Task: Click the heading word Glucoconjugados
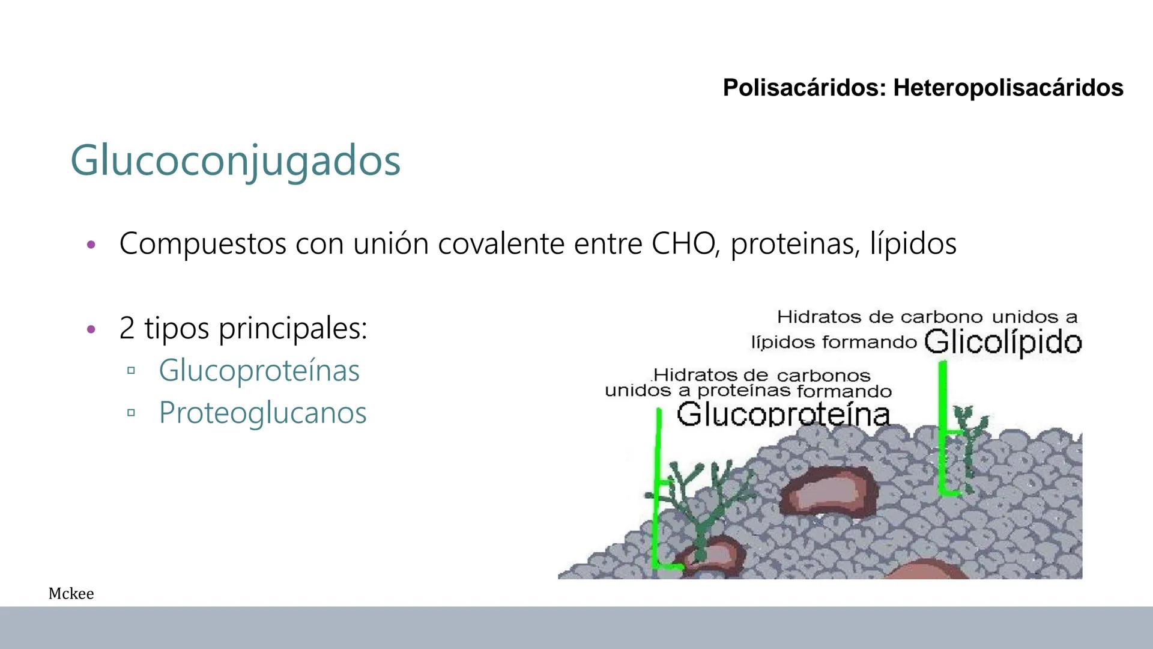tap(235, 160)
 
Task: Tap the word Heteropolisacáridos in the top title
tap(1008, 88)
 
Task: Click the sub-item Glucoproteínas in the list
tap(259, 370)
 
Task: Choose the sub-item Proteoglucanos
tap(262, 413)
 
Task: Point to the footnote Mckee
tap(71, 594)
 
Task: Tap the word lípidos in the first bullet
tap(913, 244)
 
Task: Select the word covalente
tap(501, 244)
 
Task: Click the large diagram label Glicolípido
tap(1003, 343)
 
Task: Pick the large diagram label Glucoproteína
tap(783, 414)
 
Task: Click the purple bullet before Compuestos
tap(91, 245)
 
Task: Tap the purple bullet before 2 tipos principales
tap(91, 329)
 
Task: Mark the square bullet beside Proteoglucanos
tap(131, 413)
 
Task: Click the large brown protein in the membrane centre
tap(829, 490)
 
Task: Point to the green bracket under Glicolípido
tap(943, 427)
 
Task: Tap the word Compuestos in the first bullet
tap(202, 244)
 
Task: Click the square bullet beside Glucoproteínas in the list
tap(131, 371)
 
